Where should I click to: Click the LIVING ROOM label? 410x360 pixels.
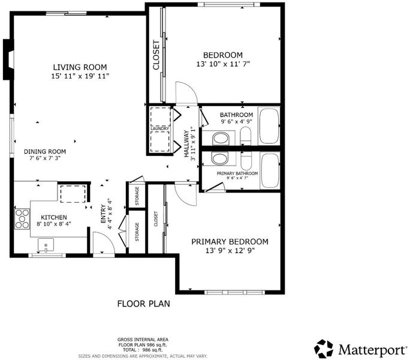(80, 67)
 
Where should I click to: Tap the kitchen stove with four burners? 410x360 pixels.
(22, 218)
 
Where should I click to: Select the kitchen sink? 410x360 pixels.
(46, 245)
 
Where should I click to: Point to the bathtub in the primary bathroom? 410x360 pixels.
(270, 170)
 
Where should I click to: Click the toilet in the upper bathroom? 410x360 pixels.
(245, 136)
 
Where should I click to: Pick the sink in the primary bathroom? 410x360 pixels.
(220, 158)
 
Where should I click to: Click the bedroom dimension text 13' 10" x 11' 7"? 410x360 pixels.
(223, 64)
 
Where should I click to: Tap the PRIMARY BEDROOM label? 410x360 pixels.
(230, 242)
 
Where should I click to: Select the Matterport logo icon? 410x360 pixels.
(324, 349)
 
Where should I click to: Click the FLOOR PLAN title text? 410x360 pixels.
(143, 304)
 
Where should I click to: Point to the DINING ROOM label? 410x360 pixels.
(45, 152)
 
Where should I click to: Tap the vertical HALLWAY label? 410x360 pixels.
(186, 144)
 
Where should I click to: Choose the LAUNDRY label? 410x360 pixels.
(160, 129)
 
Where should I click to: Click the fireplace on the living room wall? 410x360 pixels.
(8, 59)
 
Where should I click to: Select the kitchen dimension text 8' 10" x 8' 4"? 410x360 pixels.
(54, 224)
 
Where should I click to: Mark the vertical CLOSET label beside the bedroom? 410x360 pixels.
(156, 55)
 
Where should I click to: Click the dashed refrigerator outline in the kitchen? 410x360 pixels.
(73, 194)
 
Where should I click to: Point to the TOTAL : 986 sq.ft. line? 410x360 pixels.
(143, 350)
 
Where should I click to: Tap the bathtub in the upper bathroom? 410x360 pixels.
(269, 126)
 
